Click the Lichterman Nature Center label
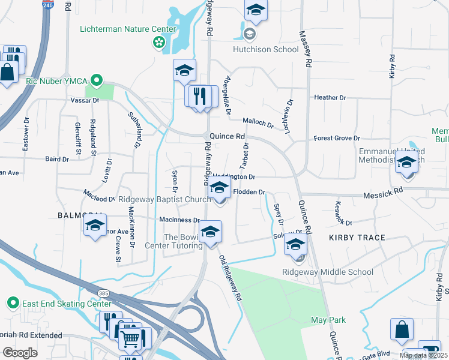[x=128, y=29]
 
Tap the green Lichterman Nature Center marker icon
[x=159, y=42]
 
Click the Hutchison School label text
[x=265, y=50]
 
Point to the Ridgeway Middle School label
[x=328, y=272]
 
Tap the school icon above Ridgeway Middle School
[x=295, y=245]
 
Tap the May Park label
[x=327, y=320]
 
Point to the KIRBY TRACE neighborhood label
[x=357, y=238]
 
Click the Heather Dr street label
[x=330, y=97]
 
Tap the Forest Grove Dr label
[x=333, y=138]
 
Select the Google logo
[x=20, y=353]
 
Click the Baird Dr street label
[x=57, y=159]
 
